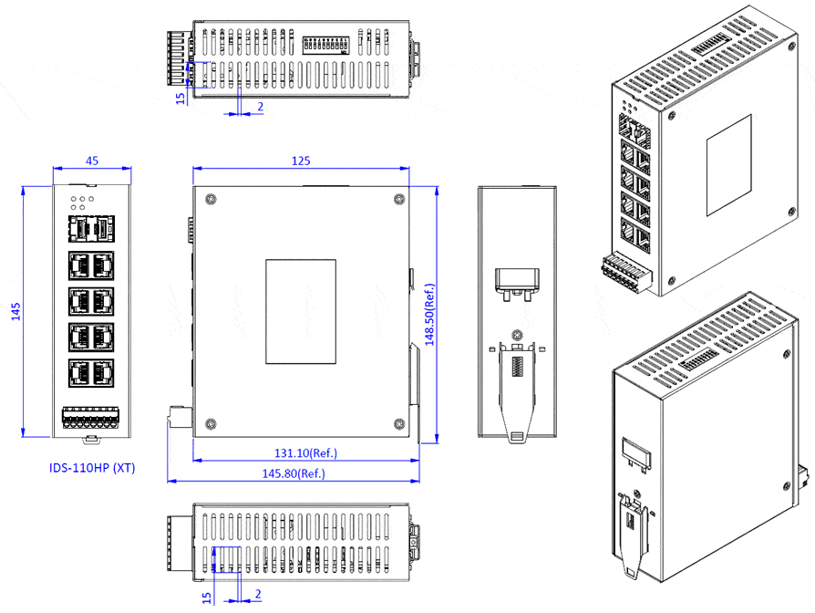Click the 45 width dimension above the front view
(x=92, y=161)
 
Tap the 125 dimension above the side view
(x=301, y=161)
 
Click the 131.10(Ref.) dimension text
(x=299, y=452)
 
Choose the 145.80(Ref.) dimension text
(x=293, y=473)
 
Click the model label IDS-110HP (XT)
(x=92, y=468)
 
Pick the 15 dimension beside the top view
(x=180, y=94)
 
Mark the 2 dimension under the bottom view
(x=260, y=595)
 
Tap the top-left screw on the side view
(x=211, y=200)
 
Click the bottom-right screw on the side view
(x=397, y=422)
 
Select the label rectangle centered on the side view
(x=300, y=311)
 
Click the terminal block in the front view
(x=91, y=419)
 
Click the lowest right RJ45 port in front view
(x=103, y=372)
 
